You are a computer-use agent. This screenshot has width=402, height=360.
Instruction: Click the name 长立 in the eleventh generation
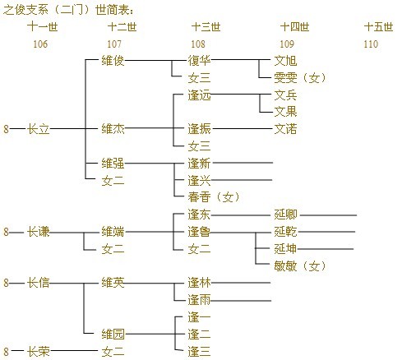[x=38, y=129]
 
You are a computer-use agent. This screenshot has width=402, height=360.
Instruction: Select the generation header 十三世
[x=206, y=27]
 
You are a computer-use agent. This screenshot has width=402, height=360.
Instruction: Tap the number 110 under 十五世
[x=371, y=44]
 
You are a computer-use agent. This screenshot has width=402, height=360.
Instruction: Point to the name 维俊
[x=113, y=61]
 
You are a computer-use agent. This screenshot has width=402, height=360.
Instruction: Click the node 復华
[x=199, y=61]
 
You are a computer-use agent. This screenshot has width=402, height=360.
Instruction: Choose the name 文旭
[x=285, y=61]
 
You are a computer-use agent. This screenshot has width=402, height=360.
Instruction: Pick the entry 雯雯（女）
[x=300, y=78]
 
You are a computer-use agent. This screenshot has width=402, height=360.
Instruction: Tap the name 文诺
[x=285, y=129]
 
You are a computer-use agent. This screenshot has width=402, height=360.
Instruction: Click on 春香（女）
[x=214, y=197]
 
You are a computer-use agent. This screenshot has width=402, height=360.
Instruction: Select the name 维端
[x=113, y=232]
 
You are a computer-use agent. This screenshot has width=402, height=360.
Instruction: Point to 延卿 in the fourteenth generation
[x=285, y=215]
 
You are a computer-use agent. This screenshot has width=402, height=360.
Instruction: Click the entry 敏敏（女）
[x=300, y=265]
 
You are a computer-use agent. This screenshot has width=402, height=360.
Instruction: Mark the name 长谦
[x=38, y=232]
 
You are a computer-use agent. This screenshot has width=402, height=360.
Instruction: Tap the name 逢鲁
[x=199, y=232]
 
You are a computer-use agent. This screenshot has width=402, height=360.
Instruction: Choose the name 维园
[x=113, y=335]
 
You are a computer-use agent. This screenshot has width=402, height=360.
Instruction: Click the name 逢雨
[x=199, y=300]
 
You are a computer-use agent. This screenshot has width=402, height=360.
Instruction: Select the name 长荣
[x=38, y=351]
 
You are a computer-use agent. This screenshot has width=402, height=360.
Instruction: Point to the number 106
[x=40, y=44]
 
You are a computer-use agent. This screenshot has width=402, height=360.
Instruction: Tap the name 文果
[x=285, y=112]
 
